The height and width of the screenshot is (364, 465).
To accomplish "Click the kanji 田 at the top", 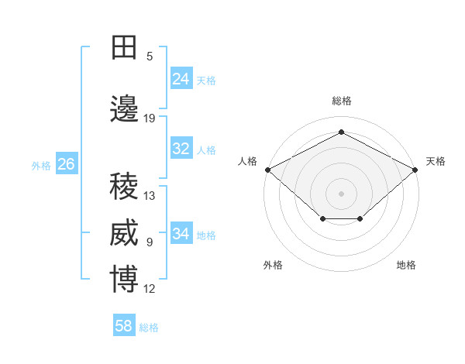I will pos(125,48).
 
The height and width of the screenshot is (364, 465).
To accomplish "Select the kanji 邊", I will pos(125,110).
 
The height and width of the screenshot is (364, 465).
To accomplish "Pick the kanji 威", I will pos(125,234).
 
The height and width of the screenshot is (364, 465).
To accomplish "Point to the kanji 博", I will pos(125,280).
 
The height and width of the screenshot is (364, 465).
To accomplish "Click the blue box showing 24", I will pos(181,79).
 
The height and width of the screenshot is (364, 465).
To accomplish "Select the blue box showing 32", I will pos(181,149).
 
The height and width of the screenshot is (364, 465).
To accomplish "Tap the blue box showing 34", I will pos(181,234).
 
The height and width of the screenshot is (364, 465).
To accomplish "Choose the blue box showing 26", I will pos(67,164).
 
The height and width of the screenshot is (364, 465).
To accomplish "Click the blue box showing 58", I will pos(124,326).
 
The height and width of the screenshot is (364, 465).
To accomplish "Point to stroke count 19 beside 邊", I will pos(150,118).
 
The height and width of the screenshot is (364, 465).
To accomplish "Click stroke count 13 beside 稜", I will pos(150,196).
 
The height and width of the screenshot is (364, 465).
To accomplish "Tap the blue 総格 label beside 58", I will pos(149,328).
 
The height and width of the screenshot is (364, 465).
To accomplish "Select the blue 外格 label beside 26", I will pos(41,165).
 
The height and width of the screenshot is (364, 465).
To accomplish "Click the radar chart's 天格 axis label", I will pos(436,161).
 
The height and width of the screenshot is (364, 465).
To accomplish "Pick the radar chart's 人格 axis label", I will pos(247,161).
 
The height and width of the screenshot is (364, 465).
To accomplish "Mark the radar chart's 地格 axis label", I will pos(406,265).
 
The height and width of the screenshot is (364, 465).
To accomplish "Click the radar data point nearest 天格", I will pos(415,170).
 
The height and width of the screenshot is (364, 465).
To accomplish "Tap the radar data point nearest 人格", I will pos(267,170).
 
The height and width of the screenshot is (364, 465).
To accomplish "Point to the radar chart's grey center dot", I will pos(341,193).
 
